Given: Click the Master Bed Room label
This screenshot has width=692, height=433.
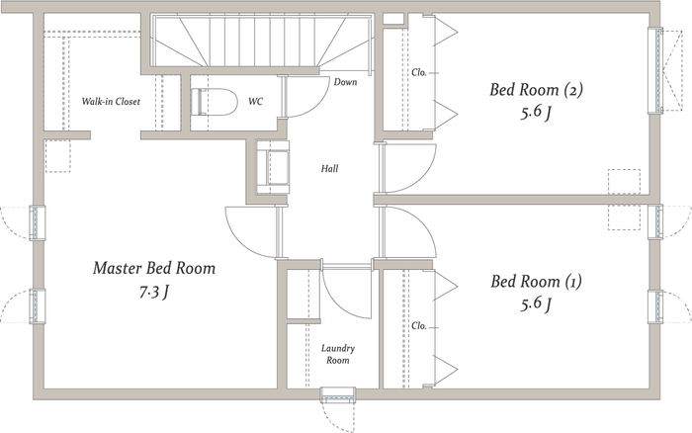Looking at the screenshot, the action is click(x=154, y=268).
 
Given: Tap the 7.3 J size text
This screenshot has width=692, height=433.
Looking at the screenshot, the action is click(x=154, y=292).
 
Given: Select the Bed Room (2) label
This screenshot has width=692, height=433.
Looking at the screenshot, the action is click(x=536, y=90).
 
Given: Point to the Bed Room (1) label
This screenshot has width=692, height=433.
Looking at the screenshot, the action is click(x=536, y=281).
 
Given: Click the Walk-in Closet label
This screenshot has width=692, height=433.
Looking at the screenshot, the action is click(x=111, y=102).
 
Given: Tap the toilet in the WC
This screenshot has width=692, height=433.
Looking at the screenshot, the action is click(x=215, y=102).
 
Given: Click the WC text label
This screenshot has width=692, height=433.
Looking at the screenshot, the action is click(x=255, y=102).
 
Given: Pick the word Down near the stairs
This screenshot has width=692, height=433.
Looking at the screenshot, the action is click(x=345, y=82).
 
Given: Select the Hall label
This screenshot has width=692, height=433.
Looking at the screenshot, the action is click(x=329, y=168).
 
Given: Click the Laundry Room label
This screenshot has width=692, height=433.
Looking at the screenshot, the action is click(x=338, y=354).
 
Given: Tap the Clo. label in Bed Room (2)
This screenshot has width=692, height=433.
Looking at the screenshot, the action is click(x=419, y=72).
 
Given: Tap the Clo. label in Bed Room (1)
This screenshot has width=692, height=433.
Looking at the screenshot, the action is click(x=419, y=326).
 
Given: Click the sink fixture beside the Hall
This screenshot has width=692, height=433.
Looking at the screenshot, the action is click(x=273, y=167).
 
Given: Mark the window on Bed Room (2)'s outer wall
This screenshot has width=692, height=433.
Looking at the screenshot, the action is click(x=655, y=70).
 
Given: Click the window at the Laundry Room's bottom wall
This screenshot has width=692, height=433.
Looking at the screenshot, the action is click(x=338, y=394).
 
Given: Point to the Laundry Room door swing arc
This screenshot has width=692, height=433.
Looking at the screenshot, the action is click(x=339, y=303).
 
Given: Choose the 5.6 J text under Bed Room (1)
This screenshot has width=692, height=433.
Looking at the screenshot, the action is click(x=536, y=304).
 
